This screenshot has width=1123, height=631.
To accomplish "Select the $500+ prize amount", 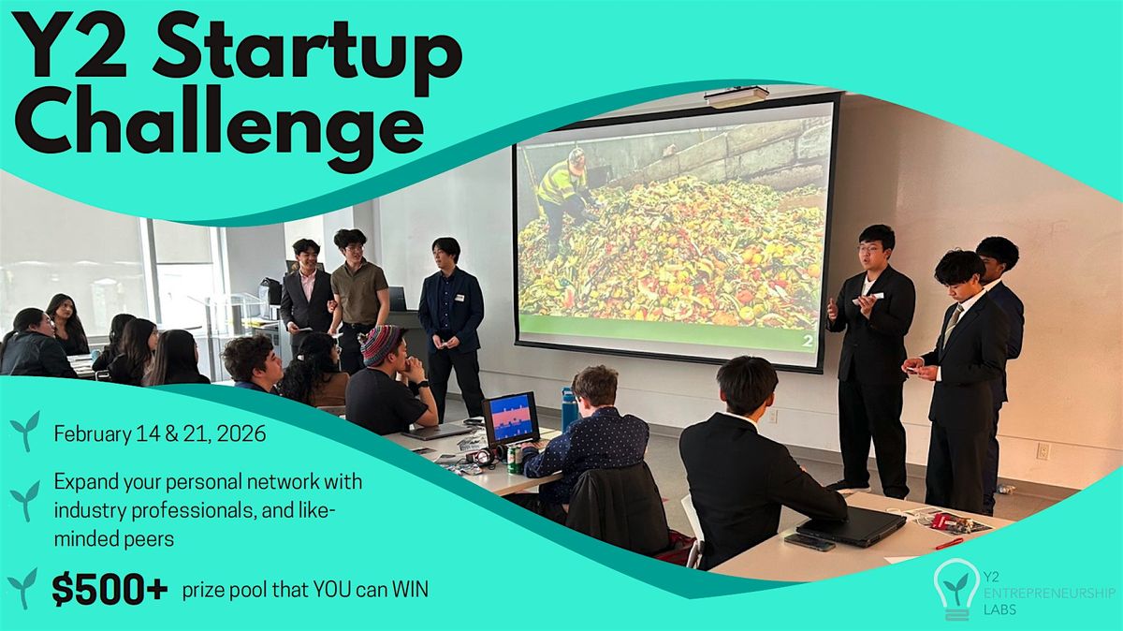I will pyautogui.click(x=110, y=589).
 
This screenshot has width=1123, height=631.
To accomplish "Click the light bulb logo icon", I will pyautogui.click(x=956, y=587).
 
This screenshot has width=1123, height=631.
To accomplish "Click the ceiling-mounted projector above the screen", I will pyautogui.click(x=737, y=96).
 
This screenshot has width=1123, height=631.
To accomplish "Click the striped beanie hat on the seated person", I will pyautogui.click(x=382, y=344).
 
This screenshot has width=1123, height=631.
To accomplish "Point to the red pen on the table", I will pyautogui.click(x=948, y=543).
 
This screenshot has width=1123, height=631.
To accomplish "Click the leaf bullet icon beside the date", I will pyautogui.click(x=24, y=432).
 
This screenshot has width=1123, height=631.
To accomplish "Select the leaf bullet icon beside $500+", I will pyautogui.click(x=22, y=588).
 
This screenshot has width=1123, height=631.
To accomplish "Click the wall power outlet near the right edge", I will pyautogui.click(x=1042, y=451).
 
